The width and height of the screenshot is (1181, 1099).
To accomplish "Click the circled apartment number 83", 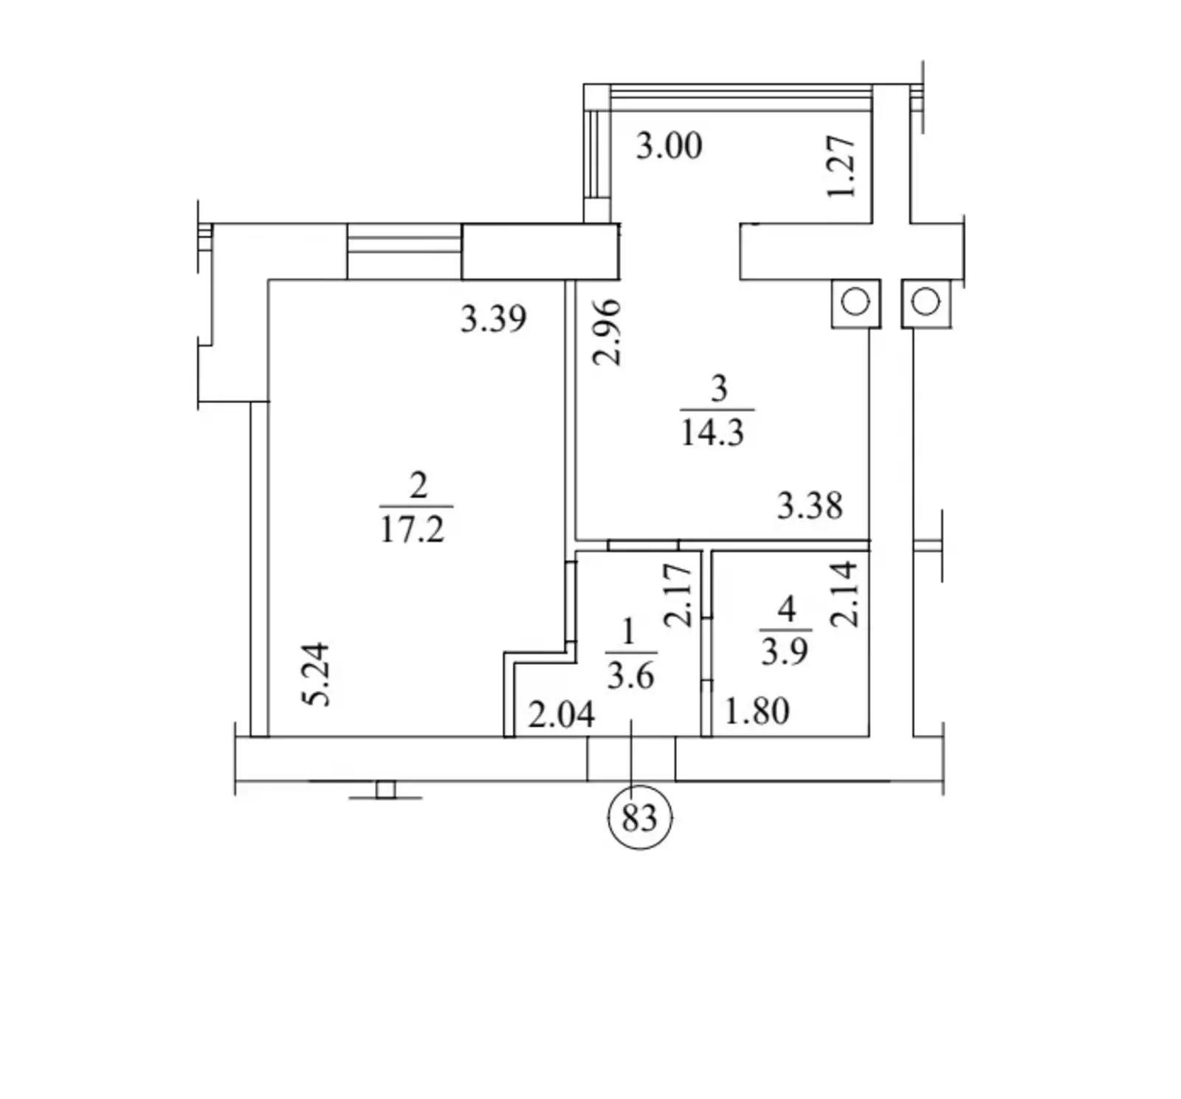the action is (639, 818).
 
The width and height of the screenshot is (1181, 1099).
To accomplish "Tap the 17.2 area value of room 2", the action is (413, 529).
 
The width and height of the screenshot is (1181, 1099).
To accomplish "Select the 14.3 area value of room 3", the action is (712, 433).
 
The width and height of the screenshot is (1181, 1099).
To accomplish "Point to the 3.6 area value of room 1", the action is (630, 675).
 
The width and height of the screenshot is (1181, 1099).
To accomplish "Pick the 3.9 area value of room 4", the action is (784, 651).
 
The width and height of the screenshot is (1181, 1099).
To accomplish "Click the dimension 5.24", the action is (317, 675).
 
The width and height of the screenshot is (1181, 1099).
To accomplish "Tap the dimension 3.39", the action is (494, 319).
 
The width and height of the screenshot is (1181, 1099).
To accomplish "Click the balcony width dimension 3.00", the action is (669, 145).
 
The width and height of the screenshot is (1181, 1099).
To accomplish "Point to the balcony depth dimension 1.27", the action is (841, 167).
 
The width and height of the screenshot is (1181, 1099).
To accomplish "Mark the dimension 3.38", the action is (810, 506).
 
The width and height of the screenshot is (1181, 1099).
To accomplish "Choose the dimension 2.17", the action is (679, 595).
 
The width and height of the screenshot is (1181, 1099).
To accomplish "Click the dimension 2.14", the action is (844, 593).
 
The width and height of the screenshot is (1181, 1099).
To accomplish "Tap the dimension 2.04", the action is (562, 715).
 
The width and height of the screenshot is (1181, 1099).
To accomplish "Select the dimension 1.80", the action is (757, 712).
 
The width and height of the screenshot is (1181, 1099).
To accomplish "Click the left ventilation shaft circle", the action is (855, 302).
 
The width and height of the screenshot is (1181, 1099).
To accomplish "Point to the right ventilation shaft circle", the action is (926, 302).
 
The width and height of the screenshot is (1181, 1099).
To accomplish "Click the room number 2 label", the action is (418, 486).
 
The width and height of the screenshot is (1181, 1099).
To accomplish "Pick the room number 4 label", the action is (787, 609).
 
